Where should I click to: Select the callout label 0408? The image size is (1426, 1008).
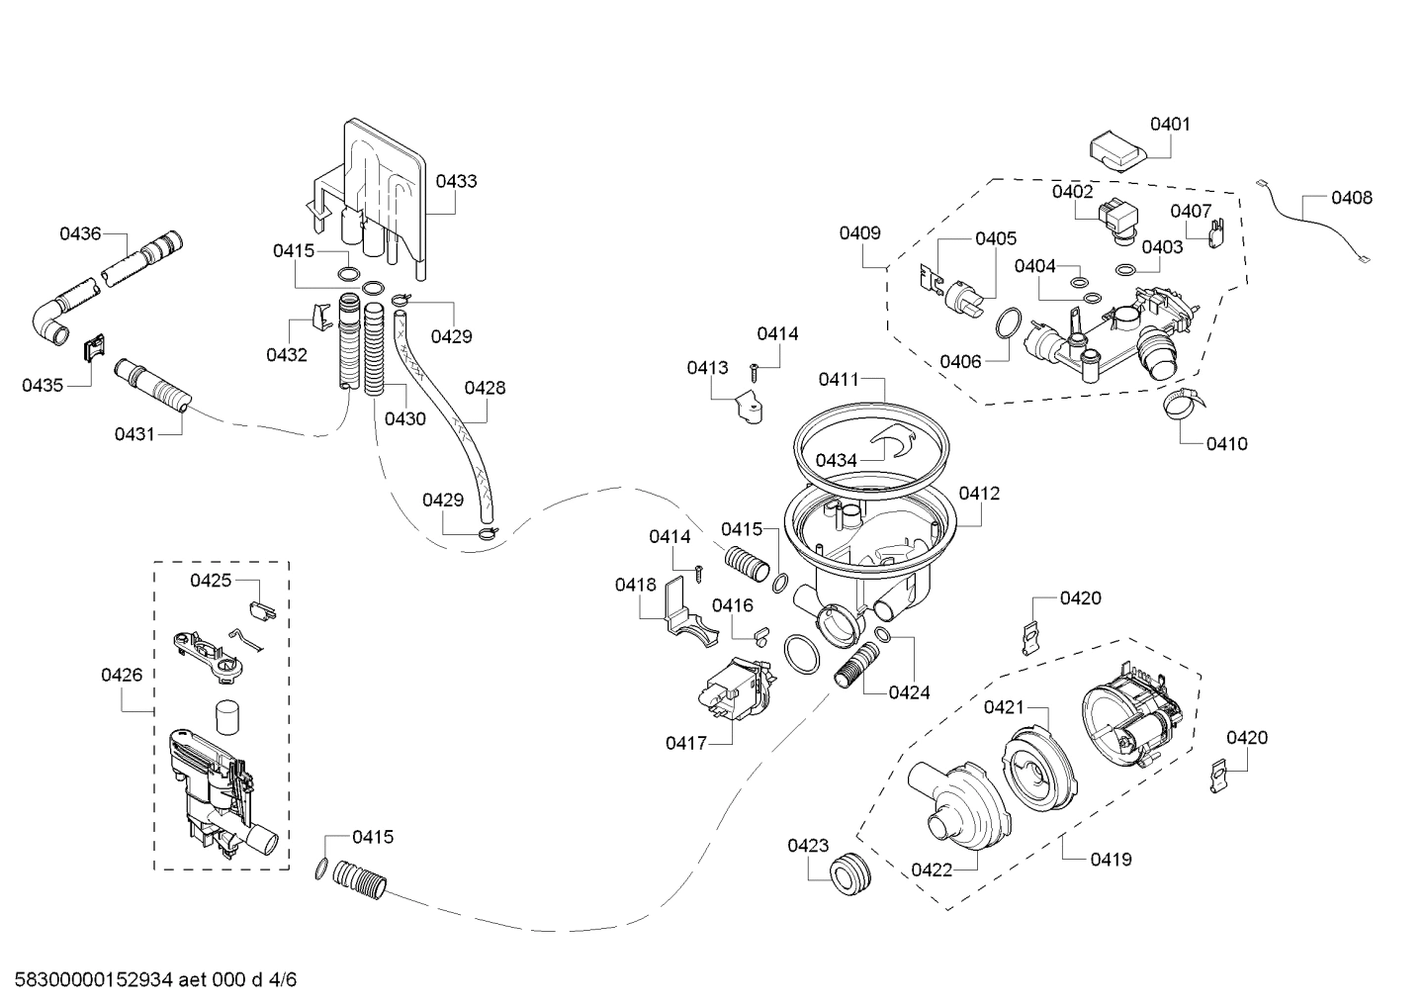(x=1351, y=198)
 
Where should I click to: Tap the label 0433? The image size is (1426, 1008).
(x=456, y=181)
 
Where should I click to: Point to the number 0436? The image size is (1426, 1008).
(x=80, y=233)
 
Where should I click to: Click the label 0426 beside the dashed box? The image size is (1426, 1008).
(x=121, y=675)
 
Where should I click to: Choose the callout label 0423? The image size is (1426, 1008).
(x=808, y=845)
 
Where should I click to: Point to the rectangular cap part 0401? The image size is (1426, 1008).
(x=1115, y=153)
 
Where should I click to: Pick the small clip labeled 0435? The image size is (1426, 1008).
(x=94, y=347)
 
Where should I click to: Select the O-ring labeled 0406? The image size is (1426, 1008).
(x=1007, y=323)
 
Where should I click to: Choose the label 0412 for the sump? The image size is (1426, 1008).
(x=979, y=493)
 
